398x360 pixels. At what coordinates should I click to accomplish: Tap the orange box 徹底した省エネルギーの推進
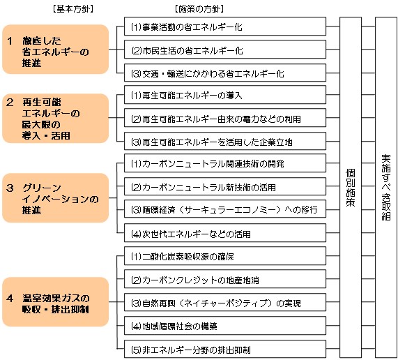tap(56, 50)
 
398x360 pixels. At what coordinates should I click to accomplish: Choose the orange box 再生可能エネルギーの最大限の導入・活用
tap(56, 117)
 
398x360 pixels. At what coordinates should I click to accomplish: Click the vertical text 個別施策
tap(351, 187)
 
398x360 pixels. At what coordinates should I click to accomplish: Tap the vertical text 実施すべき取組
tap(385, 187)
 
